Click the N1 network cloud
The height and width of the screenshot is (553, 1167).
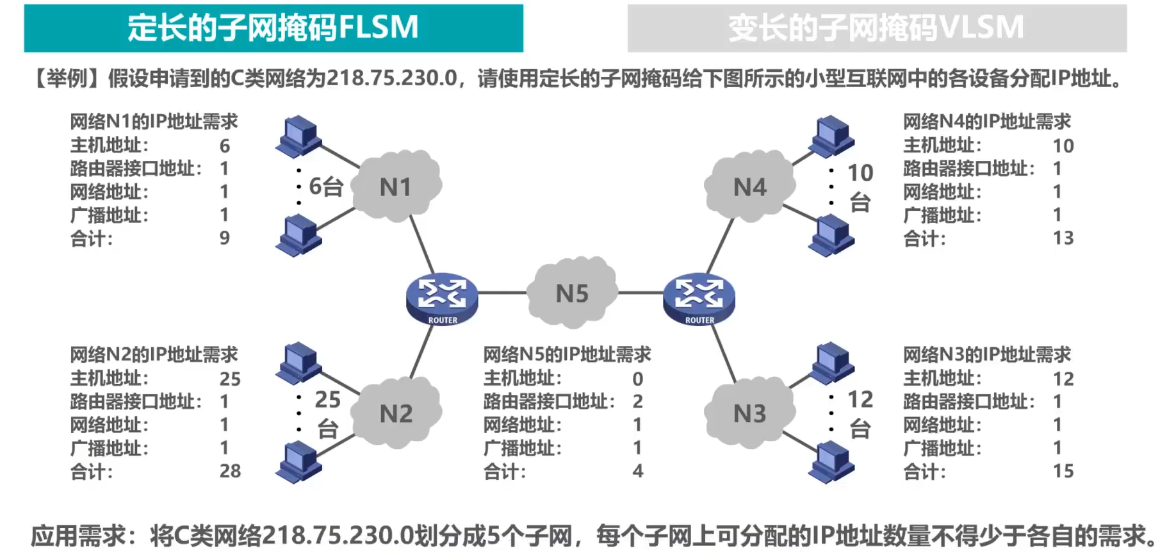pos(396,186)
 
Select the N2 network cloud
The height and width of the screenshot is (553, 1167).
pos(396,413)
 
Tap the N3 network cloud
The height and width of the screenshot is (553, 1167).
pos(749,413)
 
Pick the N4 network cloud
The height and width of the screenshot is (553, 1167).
pos(749,186)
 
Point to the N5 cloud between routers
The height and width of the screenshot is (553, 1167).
pos(572,292)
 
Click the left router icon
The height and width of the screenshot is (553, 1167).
pos(442,299)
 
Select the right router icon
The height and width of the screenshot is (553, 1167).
pos(699,299)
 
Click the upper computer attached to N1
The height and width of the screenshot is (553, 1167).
pos(298,136)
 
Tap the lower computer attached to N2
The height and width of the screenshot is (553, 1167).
pos(298,462)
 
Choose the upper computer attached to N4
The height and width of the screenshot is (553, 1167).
pos(831,136)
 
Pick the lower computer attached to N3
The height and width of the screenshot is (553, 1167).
pos(831,462)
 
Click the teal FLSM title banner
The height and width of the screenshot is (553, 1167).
pos(273,28)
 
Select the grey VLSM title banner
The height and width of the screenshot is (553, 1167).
pos(877,28)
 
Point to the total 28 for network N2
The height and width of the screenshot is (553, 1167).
pos(231,471)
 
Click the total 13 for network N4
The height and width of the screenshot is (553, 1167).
pos(1063,238)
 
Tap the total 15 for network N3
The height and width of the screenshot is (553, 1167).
pos(1063,471)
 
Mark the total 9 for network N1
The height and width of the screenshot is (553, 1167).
pos(225,238)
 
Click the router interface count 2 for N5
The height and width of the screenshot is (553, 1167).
pos(638,401)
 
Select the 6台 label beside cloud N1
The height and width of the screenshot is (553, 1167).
pos(326,186)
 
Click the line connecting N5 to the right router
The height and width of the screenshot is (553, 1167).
pos(641,293)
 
